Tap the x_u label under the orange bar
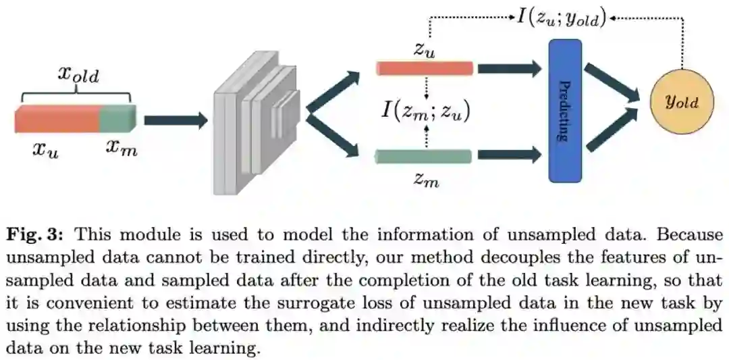coord(46,149)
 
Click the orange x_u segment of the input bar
coord(57,119)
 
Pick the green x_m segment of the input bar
coord(118,119)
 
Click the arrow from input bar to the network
coord(175,120)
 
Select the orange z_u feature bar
coord(425,68)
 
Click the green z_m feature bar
coord(423,156)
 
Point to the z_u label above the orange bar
coord(423,49)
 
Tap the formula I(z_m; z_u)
coord(425,111)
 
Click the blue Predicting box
coord(565,111)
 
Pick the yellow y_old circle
coord(681,102)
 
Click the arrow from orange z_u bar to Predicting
coord(510,68)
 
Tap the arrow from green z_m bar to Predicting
coord(510,156)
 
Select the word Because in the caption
coord(689,235)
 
